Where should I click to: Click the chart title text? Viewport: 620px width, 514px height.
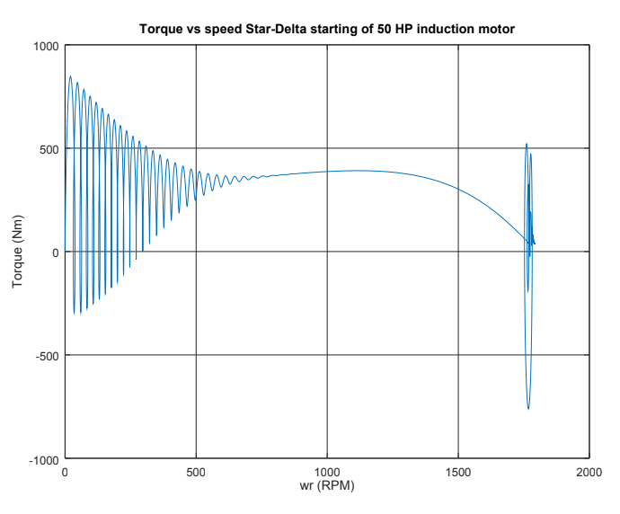(327, 30)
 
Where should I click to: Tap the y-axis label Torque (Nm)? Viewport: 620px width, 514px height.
(18, 252)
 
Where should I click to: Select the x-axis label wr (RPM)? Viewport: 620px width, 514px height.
(327, 486)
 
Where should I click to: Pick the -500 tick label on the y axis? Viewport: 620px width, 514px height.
(45, 356)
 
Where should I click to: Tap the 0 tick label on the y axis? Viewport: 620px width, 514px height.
(54, 253)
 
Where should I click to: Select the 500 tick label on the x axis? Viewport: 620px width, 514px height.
(196, 472)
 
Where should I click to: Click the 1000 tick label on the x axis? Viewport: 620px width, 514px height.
(327, 472)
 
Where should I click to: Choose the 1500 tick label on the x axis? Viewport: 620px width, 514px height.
(458, 472)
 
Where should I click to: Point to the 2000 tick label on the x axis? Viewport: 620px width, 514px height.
(589, 472)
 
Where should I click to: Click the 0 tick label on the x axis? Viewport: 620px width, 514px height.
(65, 472)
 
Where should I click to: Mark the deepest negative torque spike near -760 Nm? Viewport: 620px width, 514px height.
(528, 409)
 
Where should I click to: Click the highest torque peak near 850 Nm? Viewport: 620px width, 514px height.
(70, 76)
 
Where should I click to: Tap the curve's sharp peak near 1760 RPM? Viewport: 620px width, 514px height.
(527, 144)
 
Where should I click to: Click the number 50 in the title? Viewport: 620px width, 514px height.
(381, 30)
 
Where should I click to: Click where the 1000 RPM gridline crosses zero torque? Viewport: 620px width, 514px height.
(327, 252)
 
